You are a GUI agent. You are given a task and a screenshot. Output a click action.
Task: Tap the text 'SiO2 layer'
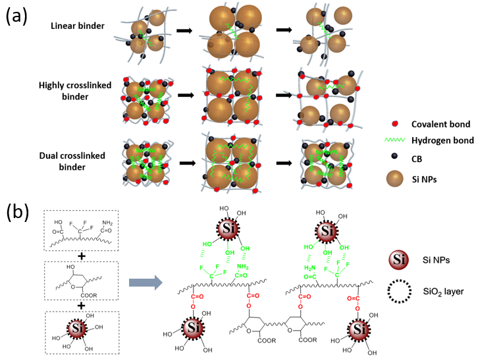click(x=439, y=289)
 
